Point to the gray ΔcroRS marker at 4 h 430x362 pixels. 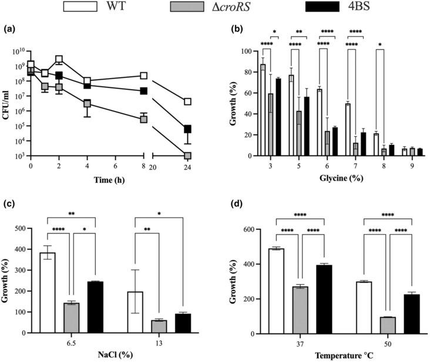point(87,104)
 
